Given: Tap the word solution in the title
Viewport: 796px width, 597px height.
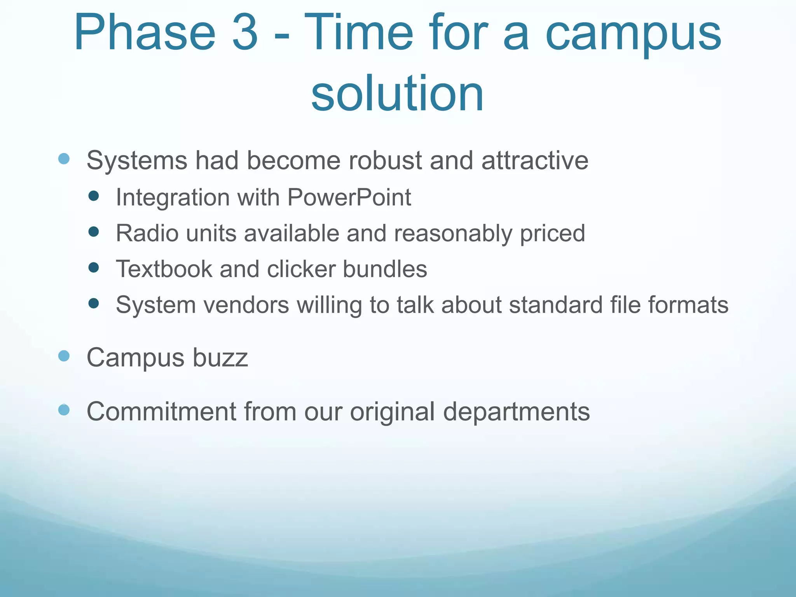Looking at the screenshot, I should click(397, 93).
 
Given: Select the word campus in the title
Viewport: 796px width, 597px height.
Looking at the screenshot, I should click(633, 35).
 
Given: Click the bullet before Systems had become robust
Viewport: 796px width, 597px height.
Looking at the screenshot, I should click(64, 159).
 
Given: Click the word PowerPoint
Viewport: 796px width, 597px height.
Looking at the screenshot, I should click(349, 197).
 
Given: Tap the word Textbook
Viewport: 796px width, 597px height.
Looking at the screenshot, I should click(164, 269).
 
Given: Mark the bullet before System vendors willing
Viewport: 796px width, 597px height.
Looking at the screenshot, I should click(93, 303).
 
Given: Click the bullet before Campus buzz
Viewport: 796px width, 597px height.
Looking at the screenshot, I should click(64, 356).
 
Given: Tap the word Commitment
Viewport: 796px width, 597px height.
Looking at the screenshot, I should click(161, 411).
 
